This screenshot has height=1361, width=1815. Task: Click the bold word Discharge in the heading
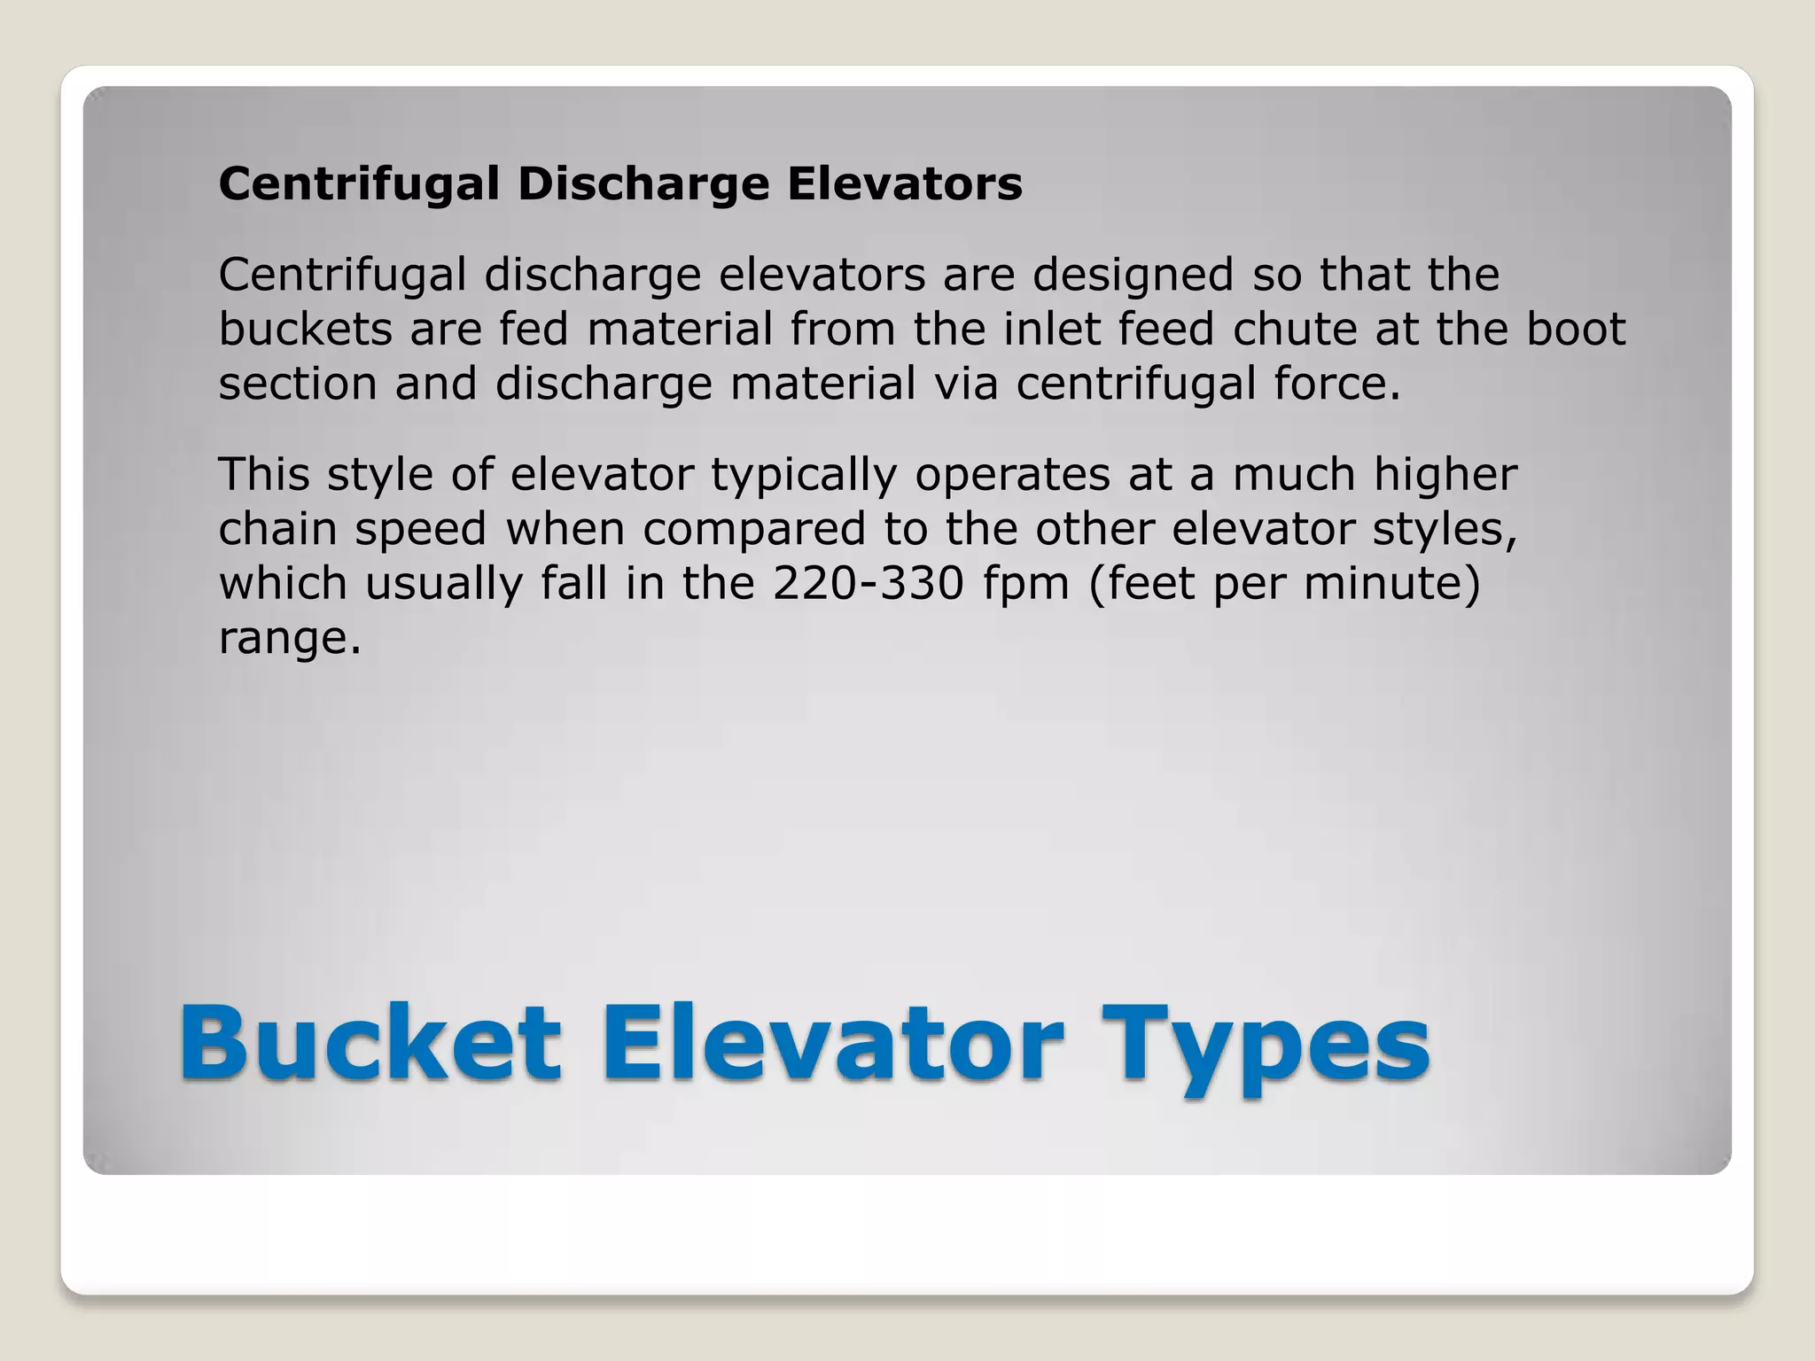click(x=643, y=184)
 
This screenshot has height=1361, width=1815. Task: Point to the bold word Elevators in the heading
click(x=905, y=184)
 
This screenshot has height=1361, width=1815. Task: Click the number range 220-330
click(x=868, y=583)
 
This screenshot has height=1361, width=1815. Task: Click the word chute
click(x=1295, y=329)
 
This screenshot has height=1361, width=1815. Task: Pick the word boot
click(x=1576, y=329)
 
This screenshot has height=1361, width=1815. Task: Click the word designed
click(x=1133, y=275)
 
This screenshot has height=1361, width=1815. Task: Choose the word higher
click(x=1445, y=474)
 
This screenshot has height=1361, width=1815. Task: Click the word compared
click(x=753, y=531)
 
